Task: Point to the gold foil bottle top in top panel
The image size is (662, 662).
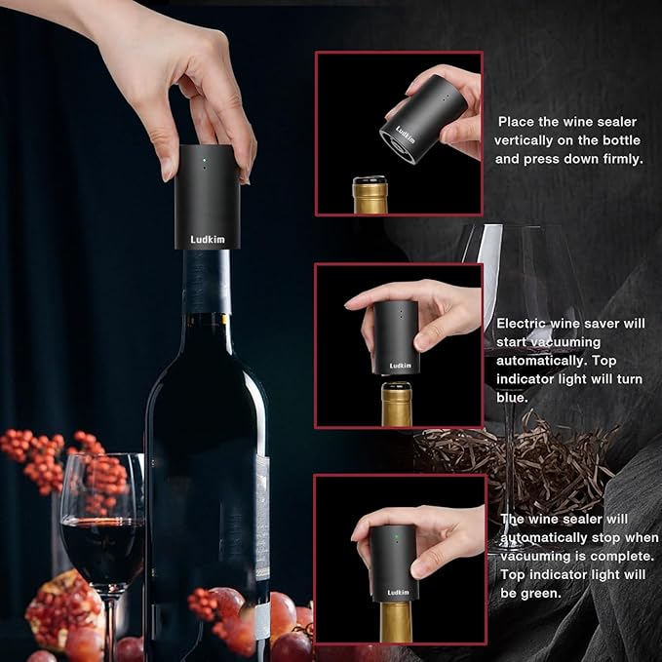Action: coord(370,194)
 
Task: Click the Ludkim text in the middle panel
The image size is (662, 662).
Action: coord(401,366)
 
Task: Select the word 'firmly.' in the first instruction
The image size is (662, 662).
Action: coord(615,157)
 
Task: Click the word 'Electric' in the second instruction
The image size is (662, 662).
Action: coord(523,323)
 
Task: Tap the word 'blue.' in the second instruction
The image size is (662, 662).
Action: coord(513,398)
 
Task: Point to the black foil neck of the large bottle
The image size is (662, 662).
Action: coord(208,282)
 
